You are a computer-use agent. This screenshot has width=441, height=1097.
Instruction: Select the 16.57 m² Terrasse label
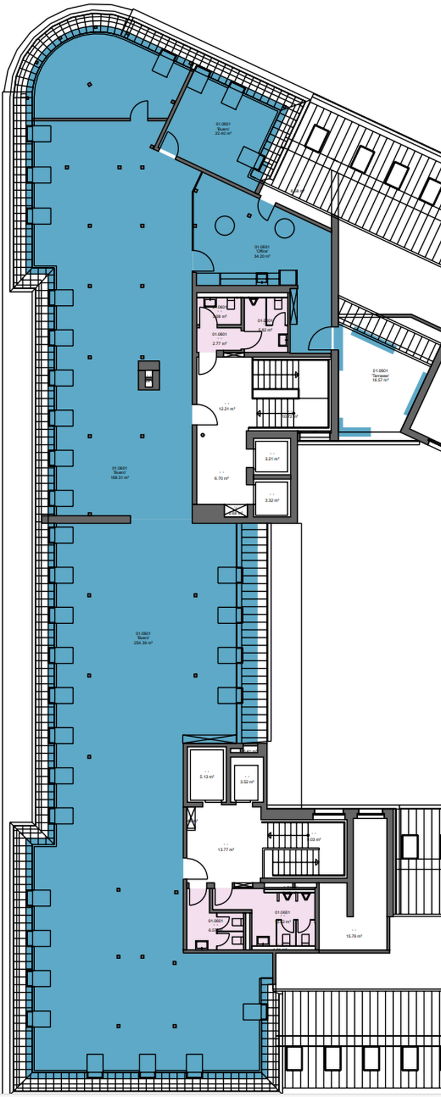point(381,375)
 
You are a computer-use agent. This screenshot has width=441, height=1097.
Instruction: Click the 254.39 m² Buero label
point(143,638)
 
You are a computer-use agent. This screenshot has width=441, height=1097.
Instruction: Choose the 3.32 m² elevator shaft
point(272,499)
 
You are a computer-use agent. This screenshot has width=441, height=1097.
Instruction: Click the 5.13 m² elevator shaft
point(207,776)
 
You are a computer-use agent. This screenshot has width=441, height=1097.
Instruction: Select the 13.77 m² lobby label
point(226,849)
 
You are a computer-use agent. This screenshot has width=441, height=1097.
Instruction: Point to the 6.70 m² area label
point(222,478)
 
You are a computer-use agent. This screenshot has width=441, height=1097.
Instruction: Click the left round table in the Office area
point(225,225)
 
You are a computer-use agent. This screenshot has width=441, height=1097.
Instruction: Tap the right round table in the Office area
point(284,225)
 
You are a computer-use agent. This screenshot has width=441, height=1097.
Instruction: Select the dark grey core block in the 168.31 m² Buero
point(149,375)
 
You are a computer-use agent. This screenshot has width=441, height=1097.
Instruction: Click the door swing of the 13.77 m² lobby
point(194,869)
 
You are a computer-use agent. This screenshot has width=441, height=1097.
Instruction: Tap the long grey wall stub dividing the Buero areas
point(86,519)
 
